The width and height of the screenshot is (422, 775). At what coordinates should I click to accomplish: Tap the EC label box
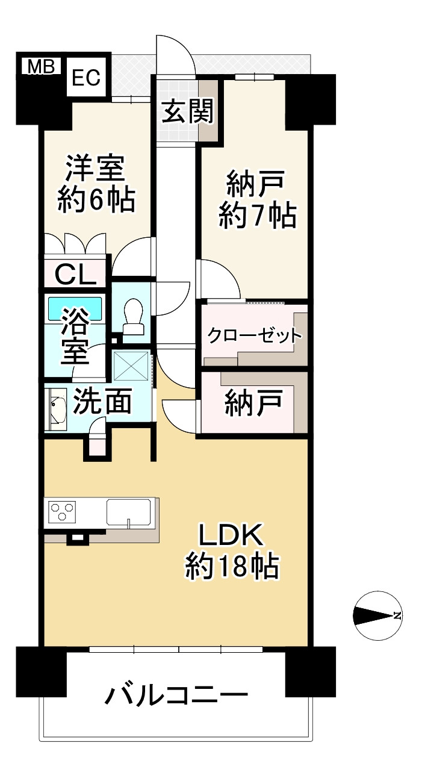[x=87, y=78]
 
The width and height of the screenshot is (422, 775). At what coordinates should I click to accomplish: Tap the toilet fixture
[x=133, y=316]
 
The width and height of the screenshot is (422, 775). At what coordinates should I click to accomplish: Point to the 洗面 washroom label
[x=103, y=403]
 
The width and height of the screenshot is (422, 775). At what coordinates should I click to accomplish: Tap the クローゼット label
[x=253, y=336]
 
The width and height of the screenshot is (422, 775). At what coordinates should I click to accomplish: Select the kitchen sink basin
[x=129, y=512]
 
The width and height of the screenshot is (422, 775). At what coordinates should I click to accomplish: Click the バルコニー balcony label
[x=176, y=697]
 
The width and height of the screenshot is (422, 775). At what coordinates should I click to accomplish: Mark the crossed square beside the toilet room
[x=132, y=365]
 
